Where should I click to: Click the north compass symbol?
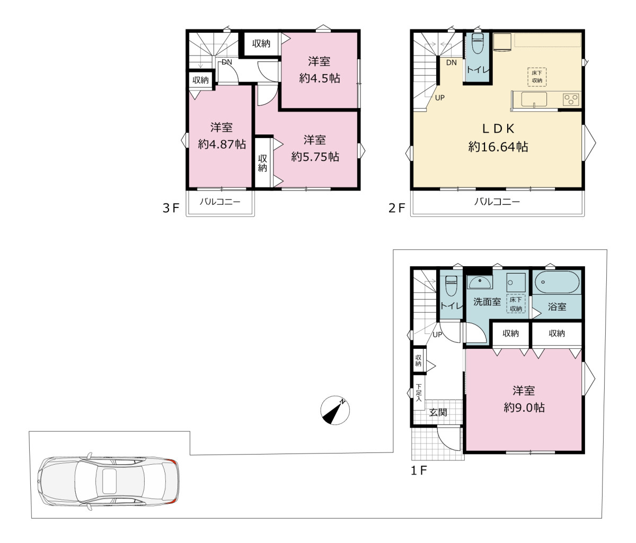point(335,410)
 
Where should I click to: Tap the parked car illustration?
point(108,482)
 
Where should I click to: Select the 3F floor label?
point(171,209)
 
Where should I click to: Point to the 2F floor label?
point(396,209)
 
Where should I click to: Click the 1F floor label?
point(419,470)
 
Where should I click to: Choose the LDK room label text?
point(498,129)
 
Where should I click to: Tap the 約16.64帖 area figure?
point(498,147)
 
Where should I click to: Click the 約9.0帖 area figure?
point(524,408)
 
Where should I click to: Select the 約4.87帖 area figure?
point(222,144)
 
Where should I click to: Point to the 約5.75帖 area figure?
point(315,157)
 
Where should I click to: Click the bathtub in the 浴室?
point(557,282)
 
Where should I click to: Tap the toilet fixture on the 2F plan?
point(477,43)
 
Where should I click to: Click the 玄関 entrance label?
point(438,412)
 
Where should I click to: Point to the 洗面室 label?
point(487,302)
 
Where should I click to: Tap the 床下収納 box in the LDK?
point(537,77)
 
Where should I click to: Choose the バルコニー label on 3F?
point(220,202)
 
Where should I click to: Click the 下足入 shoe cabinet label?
point(419,393)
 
